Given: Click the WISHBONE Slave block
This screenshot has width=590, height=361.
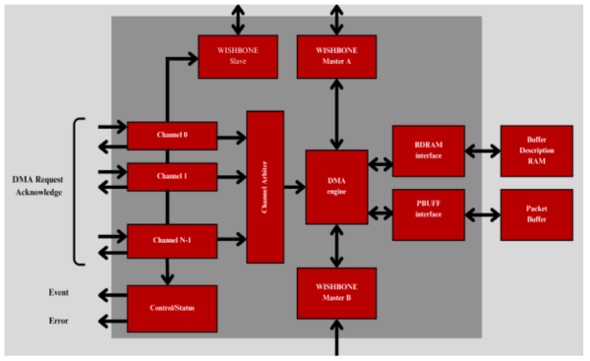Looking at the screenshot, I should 235,56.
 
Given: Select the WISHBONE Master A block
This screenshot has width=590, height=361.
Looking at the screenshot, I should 336,56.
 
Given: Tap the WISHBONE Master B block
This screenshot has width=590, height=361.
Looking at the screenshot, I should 336,292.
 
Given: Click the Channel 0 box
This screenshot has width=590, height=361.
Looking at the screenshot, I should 172,136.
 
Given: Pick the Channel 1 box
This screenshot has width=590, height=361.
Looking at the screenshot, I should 172,177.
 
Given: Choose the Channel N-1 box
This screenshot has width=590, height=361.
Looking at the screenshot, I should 172,239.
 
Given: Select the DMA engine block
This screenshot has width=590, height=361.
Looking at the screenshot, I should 336,187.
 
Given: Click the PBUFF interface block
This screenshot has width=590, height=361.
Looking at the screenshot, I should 428,214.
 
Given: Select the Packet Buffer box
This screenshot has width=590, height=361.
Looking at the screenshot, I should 536,214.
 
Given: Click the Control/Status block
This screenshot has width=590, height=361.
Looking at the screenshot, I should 172,308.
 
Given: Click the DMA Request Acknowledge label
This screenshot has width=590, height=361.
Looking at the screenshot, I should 36,186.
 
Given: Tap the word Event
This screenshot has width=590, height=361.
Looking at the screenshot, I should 58,293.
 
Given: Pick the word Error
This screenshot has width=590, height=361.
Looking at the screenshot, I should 58,321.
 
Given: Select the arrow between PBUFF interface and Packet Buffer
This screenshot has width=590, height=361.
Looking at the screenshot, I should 483,213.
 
